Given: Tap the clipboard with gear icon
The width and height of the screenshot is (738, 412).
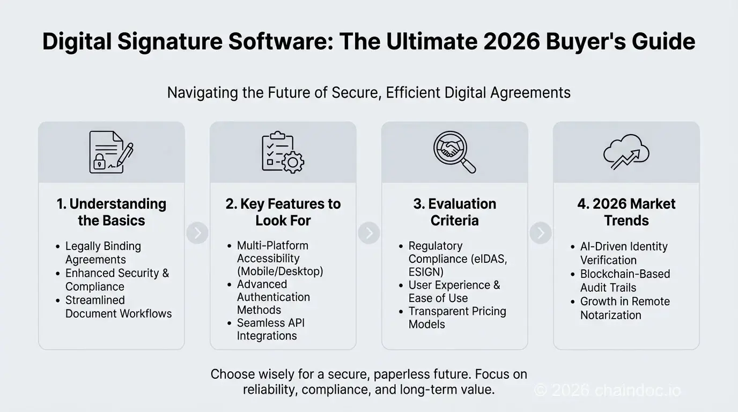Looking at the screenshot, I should click(283, 152).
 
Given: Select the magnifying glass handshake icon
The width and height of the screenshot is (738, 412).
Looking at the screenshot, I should click(454, 152).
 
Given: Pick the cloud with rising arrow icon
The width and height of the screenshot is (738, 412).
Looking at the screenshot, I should click(626, 152).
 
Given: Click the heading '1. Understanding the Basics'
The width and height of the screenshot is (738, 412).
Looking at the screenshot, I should click(112, 212).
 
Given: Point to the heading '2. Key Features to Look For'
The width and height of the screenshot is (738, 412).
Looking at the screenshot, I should click(283, 212).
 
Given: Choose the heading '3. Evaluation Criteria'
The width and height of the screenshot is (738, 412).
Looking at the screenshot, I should click(455, 212).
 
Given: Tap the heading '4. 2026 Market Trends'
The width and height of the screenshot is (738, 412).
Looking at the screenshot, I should click(626, 212).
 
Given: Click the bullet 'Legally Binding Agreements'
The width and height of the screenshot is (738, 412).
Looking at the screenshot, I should click(103, 253).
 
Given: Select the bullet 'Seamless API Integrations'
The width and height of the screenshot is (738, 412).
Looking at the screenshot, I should click(270, 329).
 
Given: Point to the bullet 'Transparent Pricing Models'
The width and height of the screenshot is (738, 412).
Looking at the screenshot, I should click(457, 318).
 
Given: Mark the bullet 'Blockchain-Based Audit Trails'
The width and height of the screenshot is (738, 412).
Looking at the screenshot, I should click(625, 281).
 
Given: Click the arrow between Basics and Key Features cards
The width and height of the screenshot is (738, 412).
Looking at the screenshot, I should click(197, 233).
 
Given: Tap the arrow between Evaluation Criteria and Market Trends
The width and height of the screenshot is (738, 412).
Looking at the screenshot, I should click(541, 233).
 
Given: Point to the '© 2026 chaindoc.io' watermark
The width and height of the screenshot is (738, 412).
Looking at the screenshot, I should click(608, 390).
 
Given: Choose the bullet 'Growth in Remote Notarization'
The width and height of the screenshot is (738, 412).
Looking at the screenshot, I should click(625, 308).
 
